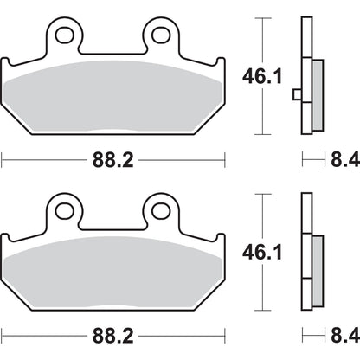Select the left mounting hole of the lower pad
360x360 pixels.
point(63,209)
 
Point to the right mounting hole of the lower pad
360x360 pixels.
point(161,209)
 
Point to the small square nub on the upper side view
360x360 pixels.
point(296,94)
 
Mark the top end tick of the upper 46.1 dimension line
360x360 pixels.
point(261,18)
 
